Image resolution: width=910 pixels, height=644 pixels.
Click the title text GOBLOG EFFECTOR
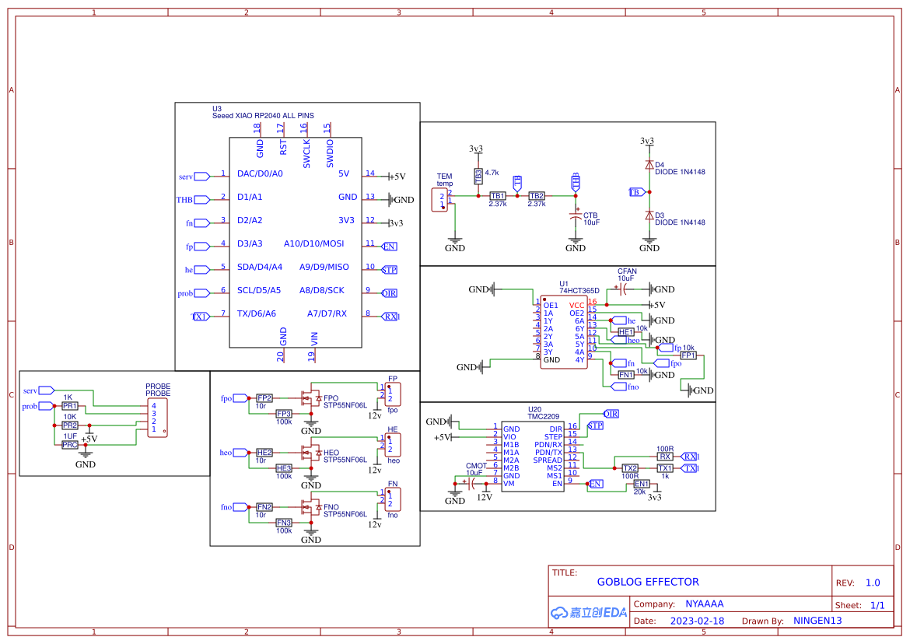(648, 582)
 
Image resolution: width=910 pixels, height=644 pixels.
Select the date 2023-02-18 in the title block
(697, 621)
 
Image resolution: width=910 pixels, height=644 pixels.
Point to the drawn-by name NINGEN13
(817, 621)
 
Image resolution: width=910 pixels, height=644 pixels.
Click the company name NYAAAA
(704, 604)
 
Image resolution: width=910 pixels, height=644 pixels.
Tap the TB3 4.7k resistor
(477, 177)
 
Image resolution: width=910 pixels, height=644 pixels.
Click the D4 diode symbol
(649, 165)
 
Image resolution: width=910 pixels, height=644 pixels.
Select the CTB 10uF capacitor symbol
(576, 215)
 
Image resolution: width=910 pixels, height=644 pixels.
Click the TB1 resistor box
(497, 196)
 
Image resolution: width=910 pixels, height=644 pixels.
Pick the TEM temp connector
(443, 198)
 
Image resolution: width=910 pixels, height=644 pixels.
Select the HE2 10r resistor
(264, 453)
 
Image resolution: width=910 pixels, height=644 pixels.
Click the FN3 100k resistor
(284, 523)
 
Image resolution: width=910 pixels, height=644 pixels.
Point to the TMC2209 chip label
(544, 416)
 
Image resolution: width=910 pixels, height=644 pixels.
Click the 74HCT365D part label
(579, 290)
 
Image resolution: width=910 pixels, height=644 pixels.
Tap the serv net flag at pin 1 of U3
(201, 177)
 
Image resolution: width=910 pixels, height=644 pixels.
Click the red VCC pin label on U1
(576, 305)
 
